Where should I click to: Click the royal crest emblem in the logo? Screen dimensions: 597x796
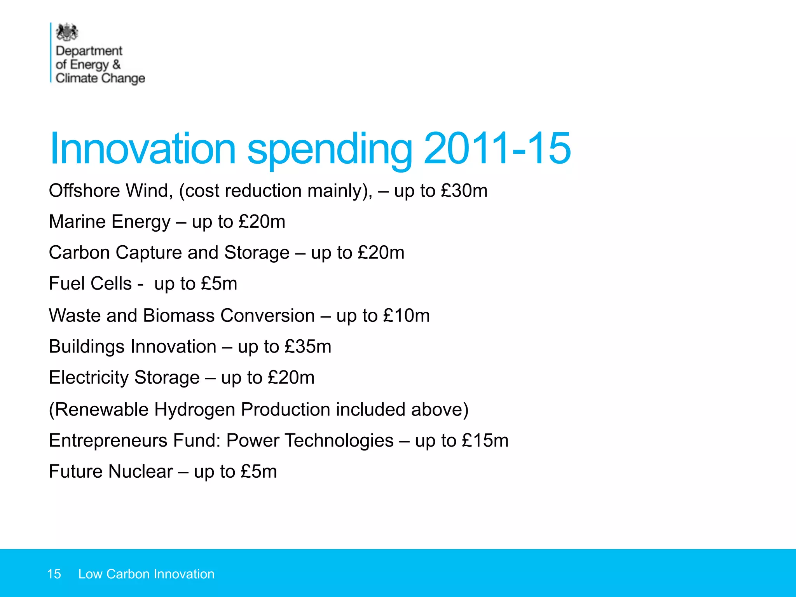(x=67, y=32)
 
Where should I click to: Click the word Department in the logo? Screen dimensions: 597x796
(x=89, y=51)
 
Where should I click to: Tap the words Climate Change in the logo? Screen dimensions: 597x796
(x=100, y=78)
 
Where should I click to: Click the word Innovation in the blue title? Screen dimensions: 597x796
(x=143, y=149)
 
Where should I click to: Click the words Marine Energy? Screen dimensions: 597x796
(x=110, y=222)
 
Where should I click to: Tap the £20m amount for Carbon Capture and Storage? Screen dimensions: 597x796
(x=381, y=253)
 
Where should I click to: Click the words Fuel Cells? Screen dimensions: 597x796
(x=90, y=283)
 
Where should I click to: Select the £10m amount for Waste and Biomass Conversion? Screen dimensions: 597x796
(x=406, y=315)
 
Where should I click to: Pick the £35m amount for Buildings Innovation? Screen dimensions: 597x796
(x=308, y=346)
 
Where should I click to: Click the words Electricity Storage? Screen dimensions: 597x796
(x=124, y=377)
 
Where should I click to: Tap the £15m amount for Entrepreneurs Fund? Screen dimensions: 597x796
(x=485, y=440)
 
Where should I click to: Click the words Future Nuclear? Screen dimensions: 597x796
(x=111, y=471)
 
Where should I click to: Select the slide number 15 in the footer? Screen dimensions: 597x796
(x=54, y=574)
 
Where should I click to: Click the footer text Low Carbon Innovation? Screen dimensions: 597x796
(x=146, y=574)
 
